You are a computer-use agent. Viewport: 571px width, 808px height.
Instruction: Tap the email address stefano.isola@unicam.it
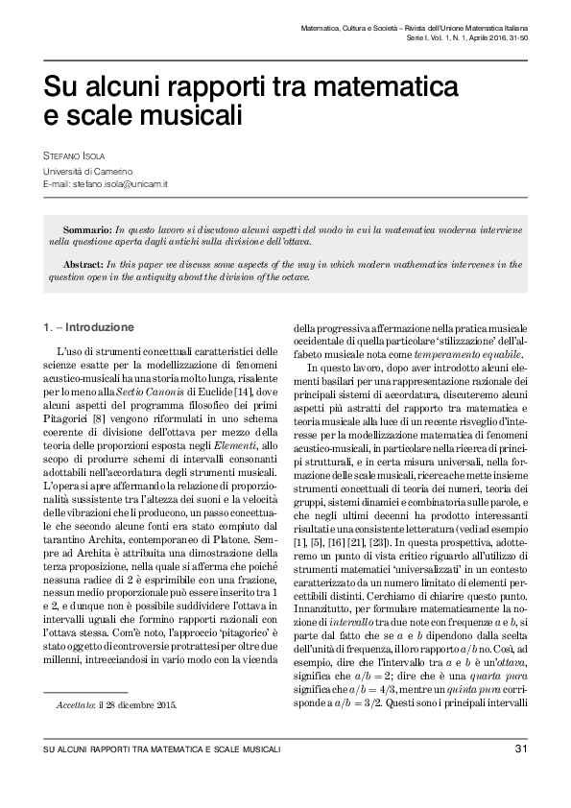click(106, 182)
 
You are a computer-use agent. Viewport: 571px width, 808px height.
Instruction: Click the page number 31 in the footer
click(519, 749)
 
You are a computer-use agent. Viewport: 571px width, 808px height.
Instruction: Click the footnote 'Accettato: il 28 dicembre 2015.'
click(117, 704)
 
